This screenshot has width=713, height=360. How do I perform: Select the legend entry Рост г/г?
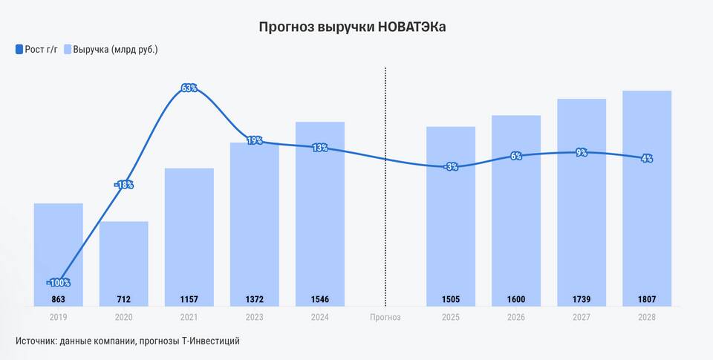pyautogui.click(x=36, y=50)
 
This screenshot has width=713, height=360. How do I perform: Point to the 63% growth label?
pyautogui.click(x=189, y=88)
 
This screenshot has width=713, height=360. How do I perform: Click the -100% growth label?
pyautogui.click(x=58, y=283)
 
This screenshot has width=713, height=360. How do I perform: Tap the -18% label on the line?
pyautogui.click(x=124, y=185)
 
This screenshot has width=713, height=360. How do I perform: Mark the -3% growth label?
pyautogui.click(x=451, y=167)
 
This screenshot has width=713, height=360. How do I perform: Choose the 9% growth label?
pyautogui.click(x=582, y=152)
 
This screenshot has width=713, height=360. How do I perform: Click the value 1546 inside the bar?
pyautogui.click(x=320, y=300)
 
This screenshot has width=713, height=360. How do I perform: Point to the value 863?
pyautogui.click(x=58, y=300)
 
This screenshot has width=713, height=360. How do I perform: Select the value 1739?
pyautogui.click(x=582, y=300)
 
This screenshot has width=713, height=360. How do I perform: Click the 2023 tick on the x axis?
pyautogui.click(x=255, y=318)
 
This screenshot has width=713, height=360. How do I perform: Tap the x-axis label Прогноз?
pyautogui.click(x=385, y=318)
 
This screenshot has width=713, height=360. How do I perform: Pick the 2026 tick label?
pyautogui.click(x=516, y=318)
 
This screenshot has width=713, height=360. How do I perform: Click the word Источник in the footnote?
pyautogui.click(x=36, y=341)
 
